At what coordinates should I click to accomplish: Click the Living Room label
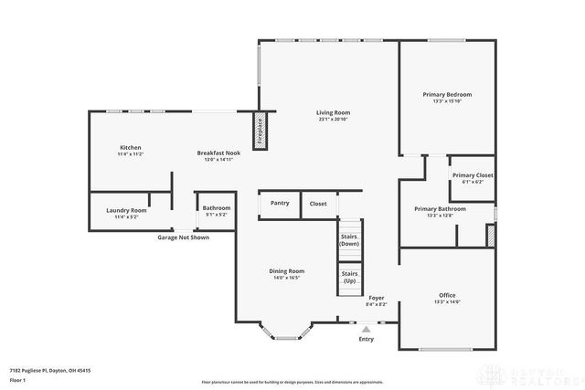click(x=333, y=114)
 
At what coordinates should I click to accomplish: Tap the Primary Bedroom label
click(x=447, y=97)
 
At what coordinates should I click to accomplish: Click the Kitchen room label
click(x=130, y=150)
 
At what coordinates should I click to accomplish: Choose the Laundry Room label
click(x=125, y=212)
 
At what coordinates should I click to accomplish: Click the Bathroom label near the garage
click(x=217, y=210)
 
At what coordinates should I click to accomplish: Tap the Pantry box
click(x=280, y=203)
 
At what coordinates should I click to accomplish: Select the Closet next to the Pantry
click(x=318, y=204)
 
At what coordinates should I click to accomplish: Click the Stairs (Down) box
click(x=349, y=240)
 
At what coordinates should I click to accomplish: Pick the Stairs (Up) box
click(x=349, y=277)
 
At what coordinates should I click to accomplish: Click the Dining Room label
click(x=287, y=273)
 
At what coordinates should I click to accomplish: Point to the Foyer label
click(x=376, y=300)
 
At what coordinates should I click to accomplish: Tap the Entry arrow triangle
click(x=367, y=327)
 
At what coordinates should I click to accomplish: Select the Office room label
click(x=447, y=298)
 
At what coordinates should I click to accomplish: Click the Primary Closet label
click(x=473, y=177)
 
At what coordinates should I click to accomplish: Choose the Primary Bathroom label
click(x=440, y=211)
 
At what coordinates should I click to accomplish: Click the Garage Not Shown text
click(x=183, y=237)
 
